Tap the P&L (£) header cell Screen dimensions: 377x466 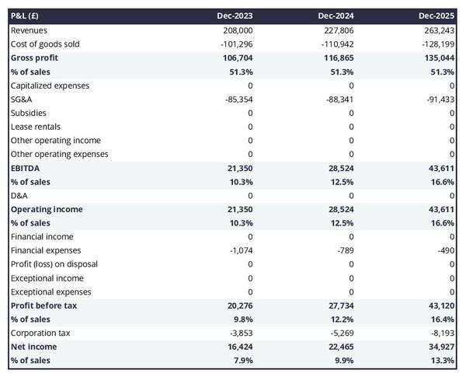pyautogui.click(x=27, y=16)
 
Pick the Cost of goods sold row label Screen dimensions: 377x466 pyautogui.click(x=45, y=44)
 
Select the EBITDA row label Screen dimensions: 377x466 pyautogui.click(x=26, y=168)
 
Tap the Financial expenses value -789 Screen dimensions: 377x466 pyautogui.click(x=345, y=250)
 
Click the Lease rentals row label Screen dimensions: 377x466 pyautogui.click(x=36, y=127)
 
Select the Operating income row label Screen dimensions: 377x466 pyautogui.click(x=47, y=209)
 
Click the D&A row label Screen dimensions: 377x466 pyautogui.click(x=19, y=195)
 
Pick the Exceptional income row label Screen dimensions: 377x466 pyautogui.click(x=47, y=278)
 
